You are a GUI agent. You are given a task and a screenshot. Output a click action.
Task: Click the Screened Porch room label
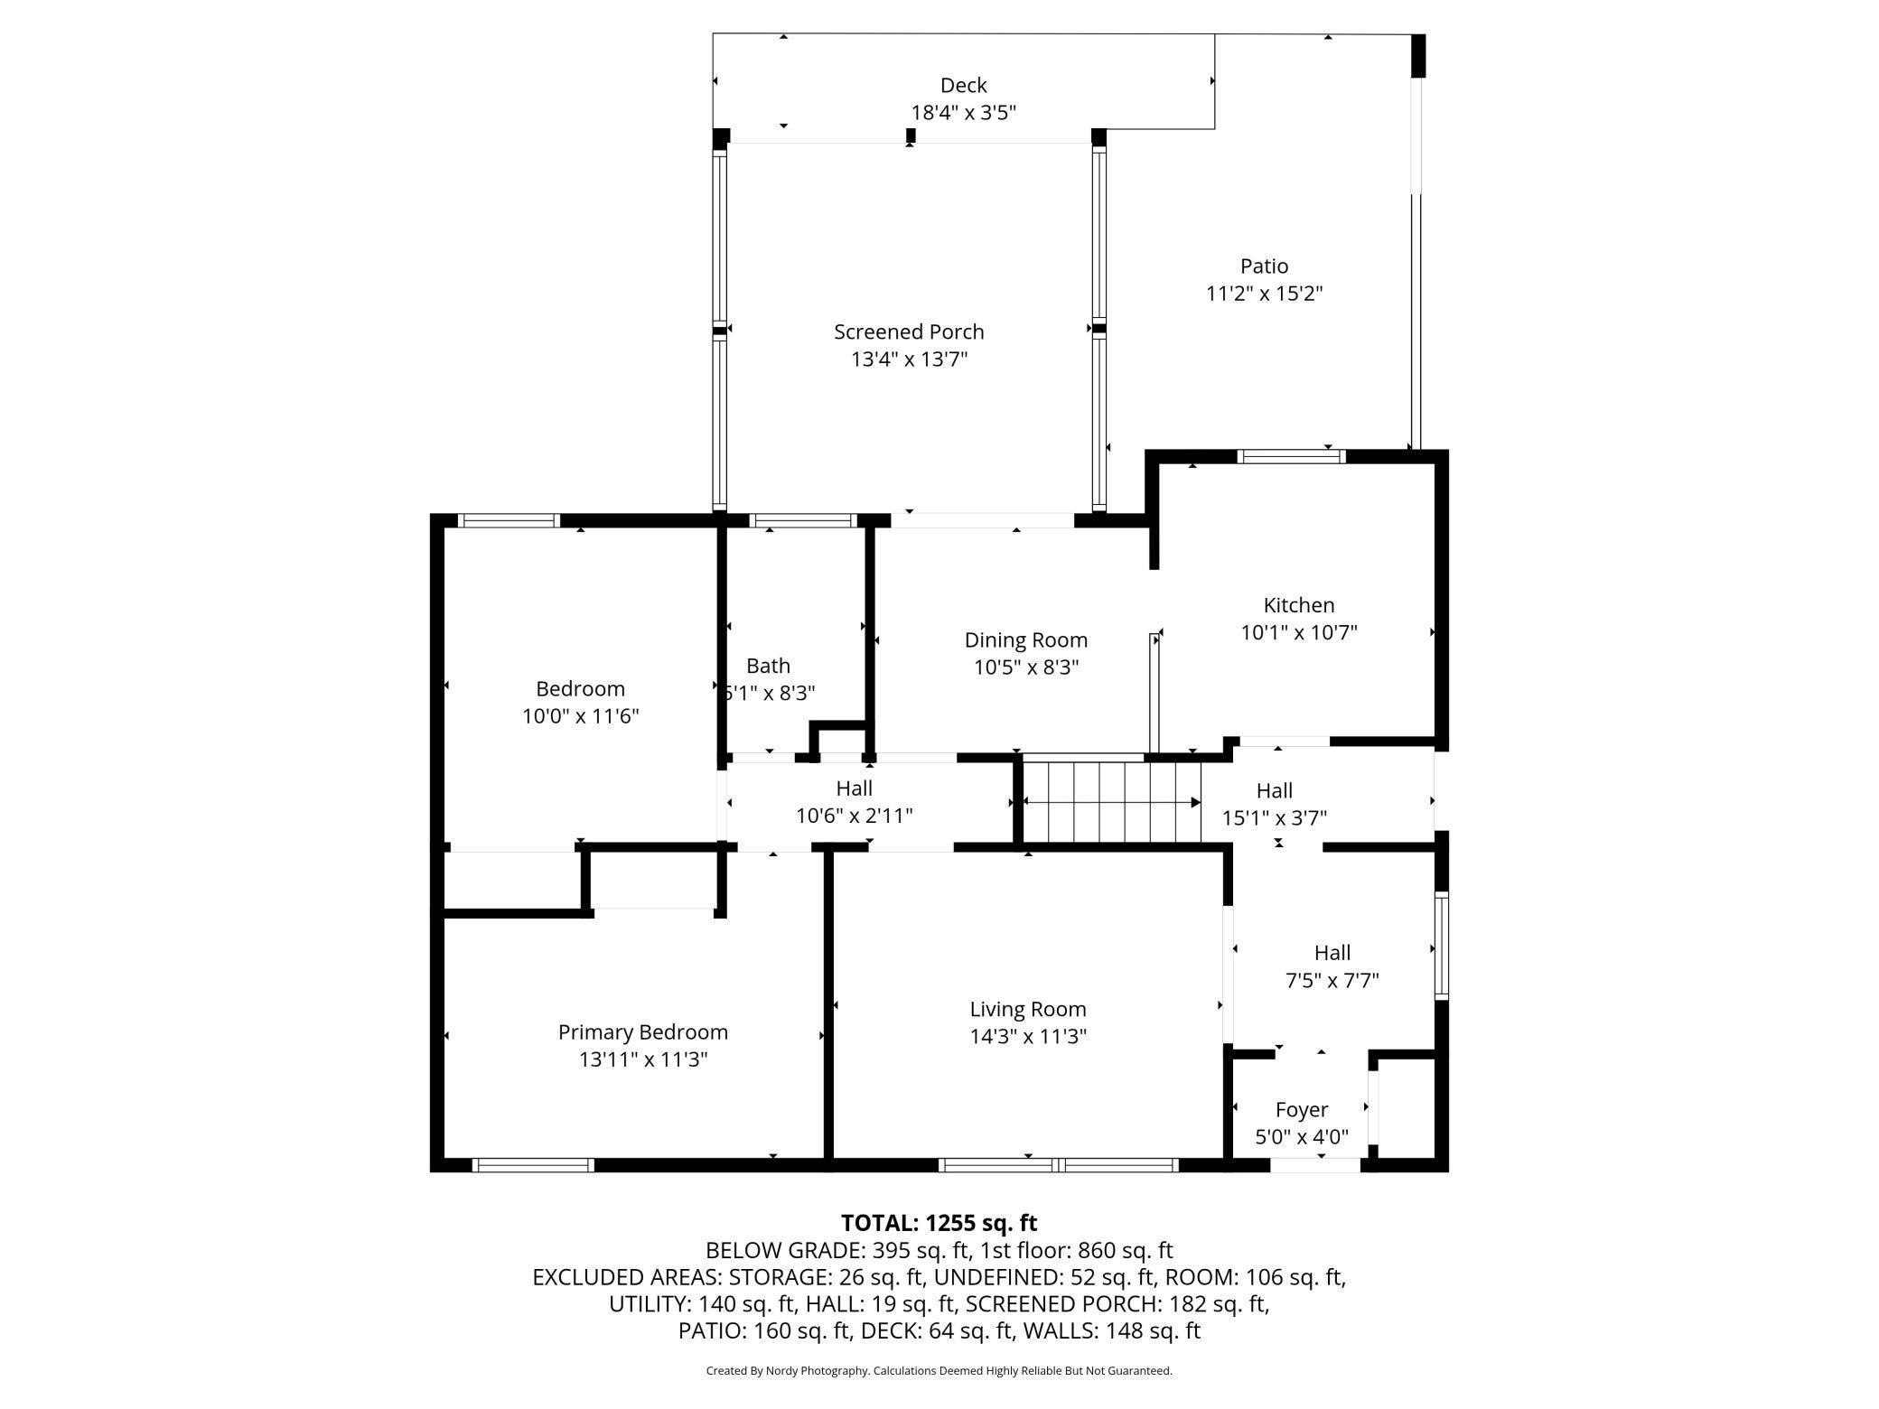pos(909,332)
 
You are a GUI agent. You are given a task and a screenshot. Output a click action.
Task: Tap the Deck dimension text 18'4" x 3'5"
pos(964,113)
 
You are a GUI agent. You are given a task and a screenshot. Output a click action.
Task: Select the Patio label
pos(1264,266)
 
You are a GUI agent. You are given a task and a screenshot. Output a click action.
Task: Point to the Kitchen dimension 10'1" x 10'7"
pos(1299,632)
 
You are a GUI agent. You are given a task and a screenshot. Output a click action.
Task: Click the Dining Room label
pos(1026,640)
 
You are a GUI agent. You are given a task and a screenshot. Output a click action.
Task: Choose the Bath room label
pos(768,666)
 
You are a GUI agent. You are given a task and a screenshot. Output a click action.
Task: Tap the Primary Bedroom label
pos(643,1032)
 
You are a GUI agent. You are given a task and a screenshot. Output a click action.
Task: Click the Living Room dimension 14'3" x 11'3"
pos(1028,1036)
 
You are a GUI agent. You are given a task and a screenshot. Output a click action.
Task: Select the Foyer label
pos(1302,1110)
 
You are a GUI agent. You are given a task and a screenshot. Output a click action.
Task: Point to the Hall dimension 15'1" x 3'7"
pos(1275,818)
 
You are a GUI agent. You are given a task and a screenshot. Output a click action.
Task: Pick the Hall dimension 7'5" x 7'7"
pos(1332,980)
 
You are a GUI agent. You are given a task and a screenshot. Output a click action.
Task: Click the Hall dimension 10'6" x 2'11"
pos(854,816)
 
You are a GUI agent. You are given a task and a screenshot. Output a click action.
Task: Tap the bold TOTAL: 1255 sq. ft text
pos(939,1223)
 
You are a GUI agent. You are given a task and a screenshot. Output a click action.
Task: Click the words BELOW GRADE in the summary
pos(784,1251)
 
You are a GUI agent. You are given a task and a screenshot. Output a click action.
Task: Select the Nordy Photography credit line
pos(939,1371)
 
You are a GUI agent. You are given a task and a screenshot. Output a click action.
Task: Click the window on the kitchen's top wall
pos(1291,456)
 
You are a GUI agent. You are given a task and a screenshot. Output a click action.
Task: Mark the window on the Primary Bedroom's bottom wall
pos(533,1165)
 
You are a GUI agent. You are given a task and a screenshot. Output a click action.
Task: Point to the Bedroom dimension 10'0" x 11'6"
pos(581,716)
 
